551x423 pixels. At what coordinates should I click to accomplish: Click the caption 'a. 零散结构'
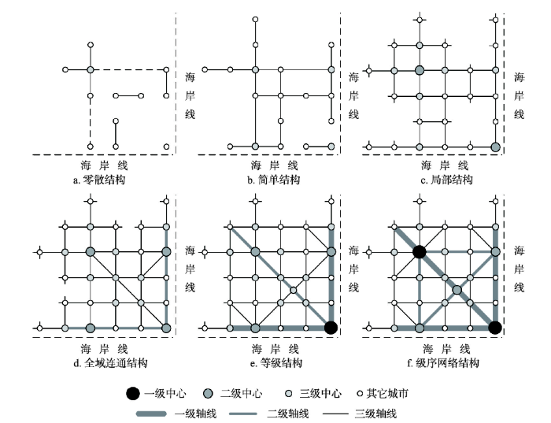(99, 180)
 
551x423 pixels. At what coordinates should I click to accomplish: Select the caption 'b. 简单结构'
(273, 180)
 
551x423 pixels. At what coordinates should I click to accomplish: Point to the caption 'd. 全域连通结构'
(110, 363)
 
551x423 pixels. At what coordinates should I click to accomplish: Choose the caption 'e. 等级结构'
(275, 363)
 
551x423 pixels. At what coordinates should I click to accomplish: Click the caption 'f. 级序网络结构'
(442, 363)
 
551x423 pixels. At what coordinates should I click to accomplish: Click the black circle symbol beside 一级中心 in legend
(133, 394)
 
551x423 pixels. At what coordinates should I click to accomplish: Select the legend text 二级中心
(241, 394)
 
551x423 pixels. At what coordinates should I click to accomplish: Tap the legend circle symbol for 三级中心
(289, 394)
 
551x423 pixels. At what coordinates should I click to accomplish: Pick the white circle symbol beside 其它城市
(360, 394)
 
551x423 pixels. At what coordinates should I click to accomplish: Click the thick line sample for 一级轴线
(151, 414)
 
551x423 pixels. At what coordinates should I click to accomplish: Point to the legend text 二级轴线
(288, 414)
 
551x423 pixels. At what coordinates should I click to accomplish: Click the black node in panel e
(331, 328)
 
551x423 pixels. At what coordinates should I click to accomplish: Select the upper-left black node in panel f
(420, 252)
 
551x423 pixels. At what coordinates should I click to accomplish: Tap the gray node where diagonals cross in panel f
(457, 290)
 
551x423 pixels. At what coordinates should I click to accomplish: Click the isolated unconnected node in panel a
(167, 147)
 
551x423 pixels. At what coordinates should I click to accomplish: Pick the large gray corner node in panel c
(495, 147)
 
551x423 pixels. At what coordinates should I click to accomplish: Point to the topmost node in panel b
(256, 20)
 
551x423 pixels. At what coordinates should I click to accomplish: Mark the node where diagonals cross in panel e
(294, 290)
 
